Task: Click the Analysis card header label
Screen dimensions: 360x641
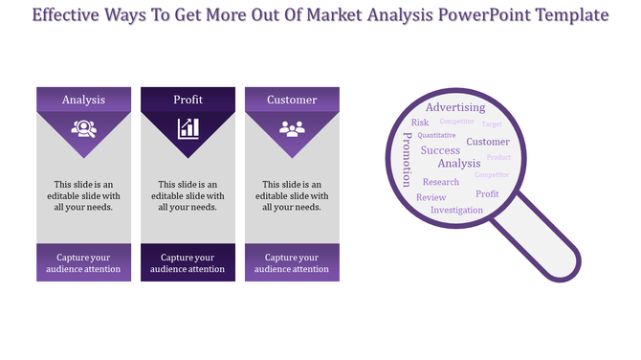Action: coord(83,100)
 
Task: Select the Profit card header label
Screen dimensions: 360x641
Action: coord(188,100)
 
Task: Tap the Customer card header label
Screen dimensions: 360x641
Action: coord(292,100)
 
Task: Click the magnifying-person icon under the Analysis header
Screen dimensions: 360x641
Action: coord(83,127)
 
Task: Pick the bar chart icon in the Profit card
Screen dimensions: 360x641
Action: coord(188,127)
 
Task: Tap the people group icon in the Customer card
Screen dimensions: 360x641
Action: coord(292,127)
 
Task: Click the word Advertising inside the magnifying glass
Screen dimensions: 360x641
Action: coord(454,107)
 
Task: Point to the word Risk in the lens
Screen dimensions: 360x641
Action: coord(420,123)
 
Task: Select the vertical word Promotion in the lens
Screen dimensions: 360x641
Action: coord(407,159)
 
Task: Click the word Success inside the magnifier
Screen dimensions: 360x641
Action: coord(440,150)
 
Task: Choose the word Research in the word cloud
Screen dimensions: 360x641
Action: coord(441,182)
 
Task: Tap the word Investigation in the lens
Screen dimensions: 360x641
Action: coord(456,210)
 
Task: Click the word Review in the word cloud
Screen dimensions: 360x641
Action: coord(431,197)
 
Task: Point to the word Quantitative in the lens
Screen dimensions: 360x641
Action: coord(436,136)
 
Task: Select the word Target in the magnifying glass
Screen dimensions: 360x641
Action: coord(492,124)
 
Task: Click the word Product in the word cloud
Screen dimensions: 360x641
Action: coord(498,157)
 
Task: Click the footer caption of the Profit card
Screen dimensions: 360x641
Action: coord(188,263)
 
